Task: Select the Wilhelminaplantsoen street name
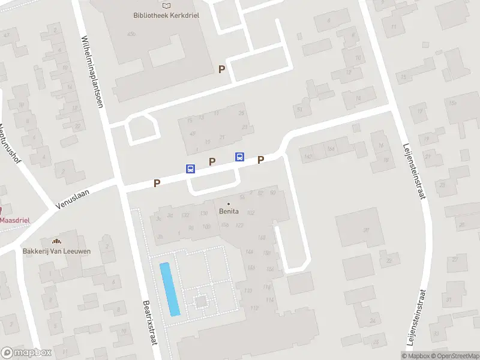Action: click(92, 71)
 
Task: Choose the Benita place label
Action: click(229, 211)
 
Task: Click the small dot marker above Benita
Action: click(229, 203)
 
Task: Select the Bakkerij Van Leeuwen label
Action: click(56, 251)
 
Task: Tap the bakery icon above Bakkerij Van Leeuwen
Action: click(57, 241)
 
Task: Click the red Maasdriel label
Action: click(14, 220)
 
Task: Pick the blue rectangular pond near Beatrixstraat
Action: click(169, 289)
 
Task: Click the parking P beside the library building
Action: click(221, 69)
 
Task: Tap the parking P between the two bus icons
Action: click(211, 161)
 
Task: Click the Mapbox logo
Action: click(26, 353)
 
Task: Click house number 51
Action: click(299, 109)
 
